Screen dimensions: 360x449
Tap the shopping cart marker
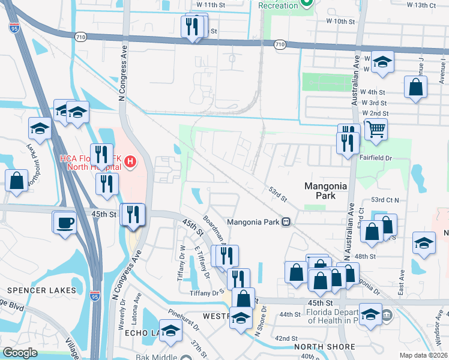point(376,128)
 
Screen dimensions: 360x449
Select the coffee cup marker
point(65,222)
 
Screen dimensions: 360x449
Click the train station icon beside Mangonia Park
point(287,221)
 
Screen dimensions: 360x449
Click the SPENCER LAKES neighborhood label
point(41,290)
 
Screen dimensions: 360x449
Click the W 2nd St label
point(375,113)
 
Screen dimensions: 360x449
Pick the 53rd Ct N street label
point(389,199)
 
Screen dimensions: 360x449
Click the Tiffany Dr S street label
point(207,293)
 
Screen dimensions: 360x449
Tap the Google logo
point(20,353)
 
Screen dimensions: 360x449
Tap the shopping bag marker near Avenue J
point(415,88)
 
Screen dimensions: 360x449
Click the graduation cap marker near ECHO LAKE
point(171,331)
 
